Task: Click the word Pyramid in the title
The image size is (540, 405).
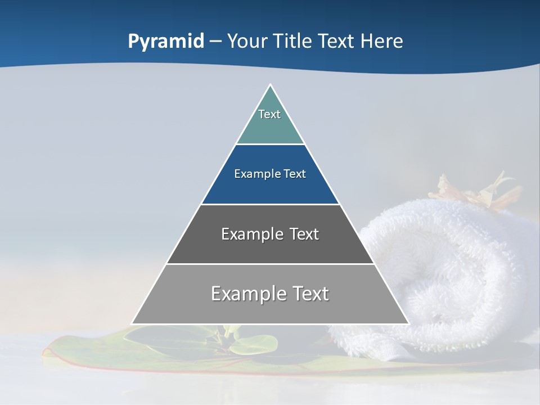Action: [x=165, y=42]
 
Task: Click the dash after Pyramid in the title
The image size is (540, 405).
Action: [x=215, y=42]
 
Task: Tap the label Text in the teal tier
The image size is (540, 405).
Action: [x=269, y=114]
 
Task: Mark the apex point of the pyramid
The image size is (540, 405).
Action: [x=270, y=85]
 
